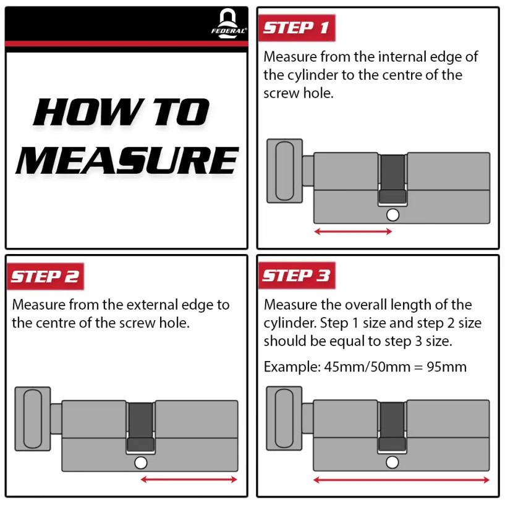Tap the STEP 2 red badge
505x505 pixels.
coord(45,276)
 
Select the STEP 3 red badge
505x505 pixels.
coord(296,276)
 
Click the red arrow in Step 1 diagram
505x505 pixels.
coord(353,232)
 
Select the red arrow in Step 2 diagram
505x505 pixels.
coord(189,479)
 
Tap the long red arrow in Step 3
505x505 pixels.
coord(401,480)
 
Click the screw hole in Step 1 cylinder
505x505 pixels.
coord(392,215)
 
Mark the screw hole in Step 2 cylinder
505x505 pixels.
coord(140,463)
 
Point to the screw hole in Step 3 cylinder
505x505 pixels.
coord(392,462)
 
